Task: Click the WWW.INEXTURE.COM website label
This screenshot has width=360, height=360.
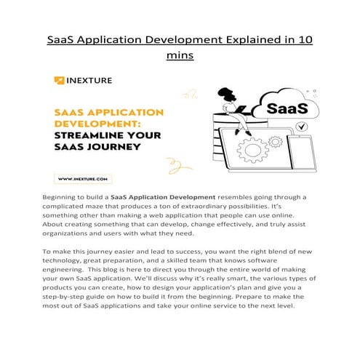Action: [x=82, y=177]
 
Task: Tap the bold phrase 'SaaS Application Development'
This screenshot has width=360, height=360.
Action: [x=163, y=197]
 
